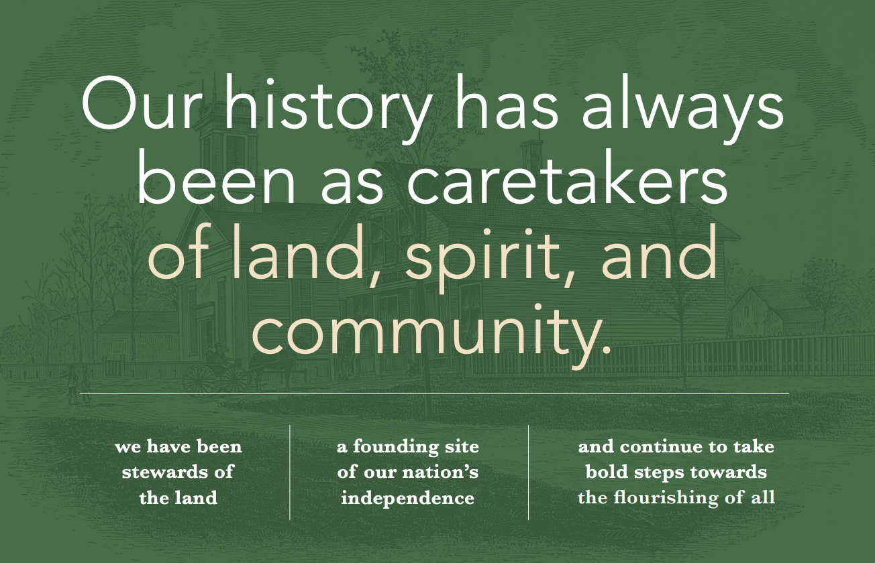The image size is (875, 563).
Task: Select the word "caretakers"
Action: [x=567, y=180]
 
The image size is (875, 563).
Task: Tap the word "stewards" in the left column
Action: [x=162, y=472]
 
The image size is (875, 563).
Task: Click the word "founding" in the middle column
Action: [x=396, y=447]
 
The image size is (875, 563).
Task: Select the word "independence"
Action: [x=407, y=498]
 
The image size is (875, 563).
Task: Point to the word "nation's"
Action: [x=440, y=473]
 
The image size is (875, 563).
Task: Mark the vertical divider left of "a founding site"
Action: [x=290, y=472]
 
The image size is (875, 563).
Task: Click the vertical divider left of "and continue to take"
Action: [x=529, y=472]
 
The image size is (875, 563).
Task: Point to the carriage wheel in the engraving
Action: [x=199, y=379]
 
